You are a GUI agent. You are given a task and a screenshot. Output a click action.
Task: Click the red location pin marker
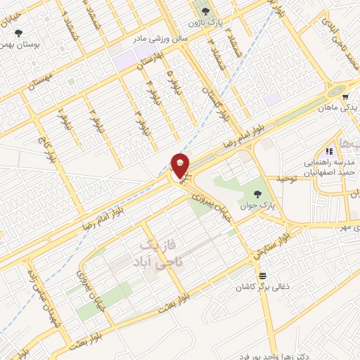[180, 165]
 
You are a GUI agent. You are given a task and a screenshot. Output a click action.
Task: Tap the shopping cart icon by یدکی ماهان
[345, 97]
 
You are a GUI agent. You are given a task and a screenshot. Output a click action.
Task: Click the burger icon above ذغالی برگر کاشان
[262, 275]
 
